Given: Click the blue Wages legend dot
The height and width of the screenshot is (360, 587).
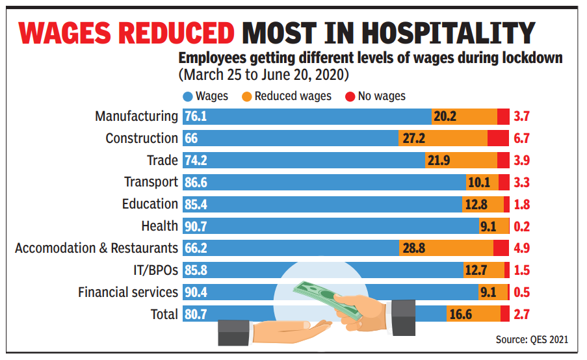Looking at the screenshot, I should tap(188, 97).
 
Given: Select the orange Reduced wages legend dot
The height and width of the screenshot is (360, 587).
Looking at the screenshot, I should tap(246, 97).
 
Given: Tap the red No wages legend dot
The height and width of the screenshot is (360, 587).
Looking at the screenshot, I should tap(350, 97).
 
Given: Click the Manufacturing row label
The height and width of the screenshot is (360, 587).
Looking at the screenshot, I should tap(136, 116).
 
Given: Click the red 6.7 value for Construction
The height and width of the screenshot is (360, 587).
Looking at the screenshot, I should tap(522, 138).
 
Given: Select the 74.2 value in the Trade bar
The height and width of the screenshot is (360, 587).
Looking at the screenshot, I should tap(196, 161).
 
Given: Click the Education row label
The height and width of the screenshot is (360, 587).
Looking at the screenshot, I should tap(150, 204).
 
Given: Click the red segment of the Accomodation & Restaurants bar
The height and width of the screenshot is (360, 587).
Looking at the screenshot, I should tap(501, 248).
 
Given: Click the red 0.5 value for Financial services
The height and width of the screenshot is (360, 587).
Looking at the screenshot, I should tap(522, 292).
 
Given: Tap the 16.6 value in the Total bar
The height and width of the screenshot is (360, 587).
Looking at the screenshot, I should tap(460, 315).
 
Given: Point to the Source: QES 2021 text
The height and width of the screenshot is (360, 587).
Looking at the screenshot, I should tap(532, 339).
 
